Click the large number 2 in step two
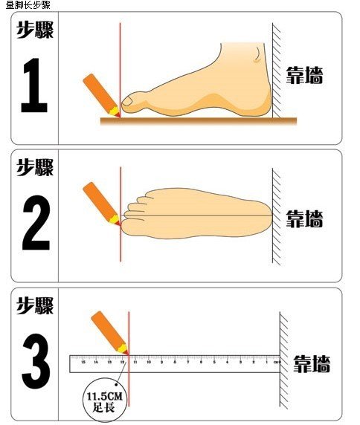[36, 221]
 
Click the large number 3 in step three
[36, 360]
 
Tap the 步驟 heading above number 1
[36, 30]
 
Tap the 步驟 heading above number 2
[36, 166]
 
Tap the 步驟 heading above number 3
[36, 305]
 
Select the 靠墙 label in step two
[305, 218]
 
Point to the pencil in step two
[100, 202]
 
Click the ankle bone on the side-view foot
[257, 55]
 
